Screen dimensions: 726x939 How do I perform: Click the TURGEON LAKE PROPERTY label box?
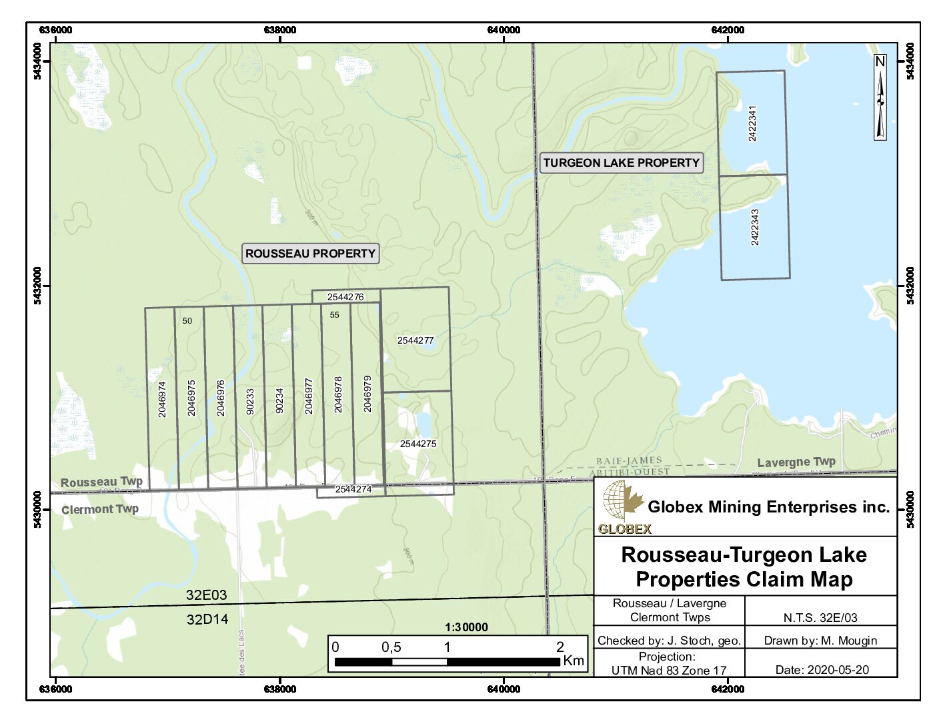(x=621, y=163)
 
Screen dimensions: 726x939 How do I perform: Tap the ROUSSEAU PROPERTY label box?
(x=310, y=254)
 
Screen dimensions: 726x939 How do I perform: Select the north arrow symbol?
(x=880, y=97)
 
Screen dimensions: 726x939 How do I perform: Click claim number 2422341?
(x=752, y=123)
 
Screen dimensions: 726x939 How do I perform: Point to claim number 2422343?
(x=755, y=227)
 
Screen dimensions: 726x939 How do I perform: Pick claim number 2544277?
(x=415, y=340)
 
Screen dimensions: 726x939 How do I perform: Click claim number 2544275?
(x=418, y=444)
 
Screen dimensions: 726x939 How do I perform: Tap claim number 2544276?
(x=345, y=297)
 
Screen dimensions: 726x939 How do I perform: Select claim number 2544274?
(x=353, y=490)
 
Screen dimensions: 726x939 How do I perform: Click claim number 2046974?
(x=162, y=399)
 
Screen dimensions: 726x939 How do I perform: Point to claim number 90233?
(x=250, y=401)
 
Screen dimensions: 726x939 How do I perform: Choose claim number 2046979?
(x=367, y=394)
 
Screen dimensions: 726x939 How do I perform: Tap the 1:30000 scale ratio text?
(x=466, y=627)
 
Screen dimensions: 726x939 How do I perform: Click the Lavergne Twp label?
(x=796, y=462)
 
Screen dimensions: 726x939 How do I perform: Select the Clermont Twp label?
(x=100, y=509)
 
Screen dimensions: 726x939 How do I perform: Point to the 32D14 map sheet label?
(x=207, y=619)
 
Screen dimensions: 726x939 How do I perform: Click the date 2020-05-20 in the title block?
(x=822, y=670)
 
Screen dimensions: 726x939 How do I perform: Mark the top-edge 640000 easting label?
(x=504, y=30)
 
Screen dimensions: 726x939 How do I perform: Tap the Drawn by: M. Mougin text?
(x=820, y=641)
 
